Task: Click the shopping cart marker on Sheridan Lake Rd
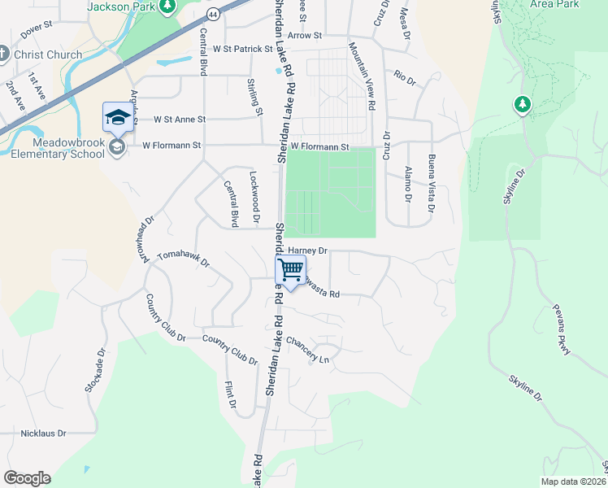290,270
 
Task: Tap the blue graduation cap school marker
117,117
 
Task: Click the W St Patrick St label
242,49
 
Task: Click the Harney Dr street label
307,251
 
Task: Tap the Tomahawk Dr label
183,259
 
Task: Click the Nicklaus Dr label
43,434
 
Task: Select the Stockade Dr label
95,372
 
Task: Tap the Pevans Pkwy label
558,331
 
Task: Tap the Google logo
27,478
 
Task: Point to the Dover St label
37,32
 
